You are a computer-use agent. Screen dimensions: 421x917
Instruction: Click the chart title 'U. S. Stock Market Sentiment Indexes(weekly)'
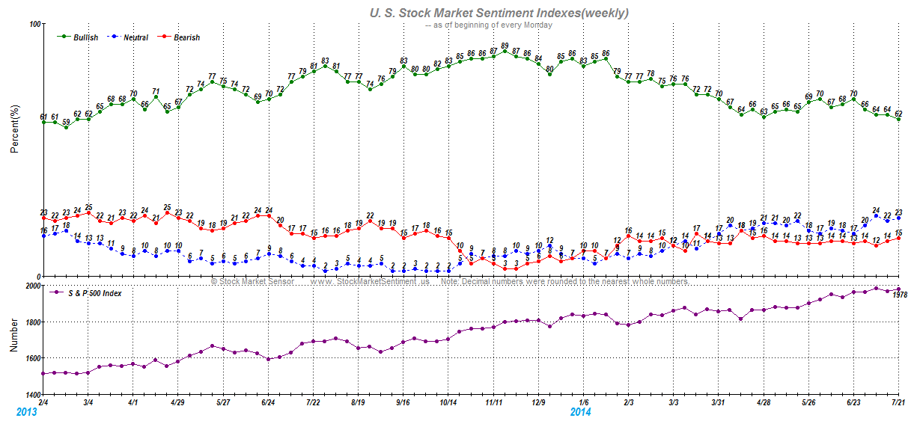499,13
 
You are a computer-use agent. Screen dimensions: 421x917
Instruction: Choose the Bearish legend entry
186,37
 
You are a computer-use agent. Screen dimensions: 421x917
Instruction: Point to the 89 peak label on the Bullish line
505,46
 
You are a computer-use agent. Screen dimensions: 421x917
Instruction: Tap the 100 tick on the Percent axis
34,24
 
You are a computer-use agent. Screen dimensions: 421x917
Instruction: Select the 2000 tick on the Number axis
32,286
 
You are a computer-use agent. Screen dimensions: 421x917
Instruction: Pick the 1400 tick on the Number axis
32,395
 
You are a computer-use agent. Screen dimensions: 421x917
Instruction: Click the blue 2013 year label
26,412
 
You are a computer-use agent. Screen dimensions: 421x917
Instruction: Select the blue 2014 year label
580,412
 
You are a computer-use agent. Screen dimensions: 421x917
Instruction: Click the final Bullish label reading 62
898,114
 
